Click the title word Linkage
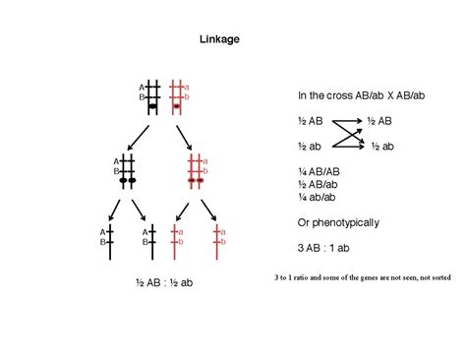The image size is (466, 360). pos(220,39)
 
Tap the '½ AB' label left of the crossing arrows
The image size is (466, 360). pos(310,120)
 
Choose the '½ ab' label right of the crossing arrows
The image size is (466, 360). pos(380,146)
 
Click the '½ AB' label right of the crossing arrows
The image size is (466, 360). pos(380,120)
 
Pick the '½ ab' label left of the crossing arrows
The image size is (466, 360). pos(310,146)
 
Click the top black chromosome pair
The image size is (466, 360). pos(153,96)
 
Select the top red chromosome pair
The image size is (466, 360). pos(177,96)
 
